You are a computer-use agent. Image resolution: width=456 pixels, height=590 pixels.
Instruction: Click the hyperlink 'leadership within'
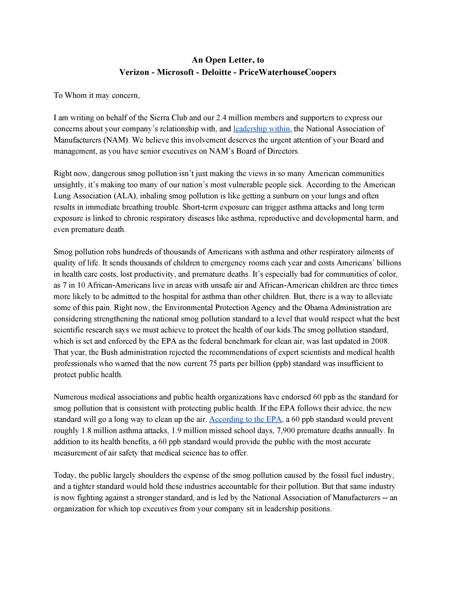261,129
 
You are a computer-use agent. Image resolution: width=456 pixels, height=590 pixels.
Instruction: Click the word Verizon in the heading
134,72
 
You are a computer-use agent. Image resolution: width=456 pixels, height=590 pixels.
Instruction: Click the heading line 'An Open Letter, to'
228,60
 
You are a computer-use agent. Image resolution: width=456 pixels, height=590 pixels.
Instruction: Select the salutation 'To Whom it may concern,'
97,95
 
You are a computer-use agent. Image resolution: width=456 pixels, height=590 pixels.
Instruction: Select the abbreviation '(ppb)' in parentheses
282,364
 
